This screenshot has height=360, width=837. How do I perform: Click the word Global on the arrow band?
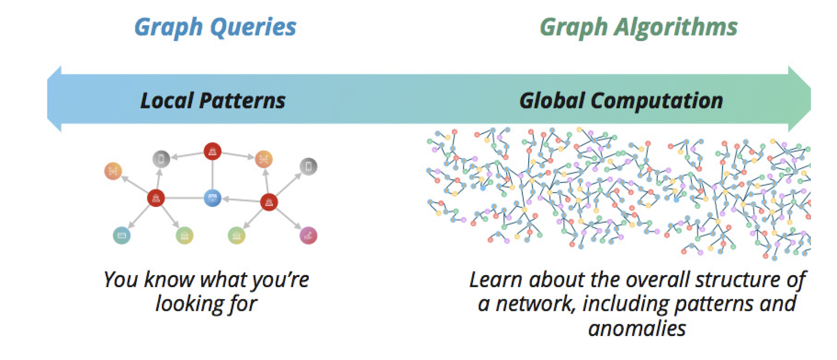point(551,100)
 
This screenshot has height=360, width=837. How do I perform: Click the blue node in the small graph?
point(212,198)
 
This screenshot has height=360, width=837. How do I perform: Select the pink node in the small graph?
point(308,235)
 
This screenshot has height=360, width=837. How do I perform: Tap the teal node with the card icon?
point(122,235)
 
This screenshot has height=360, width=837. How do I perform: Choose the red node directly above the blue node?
point(212,151)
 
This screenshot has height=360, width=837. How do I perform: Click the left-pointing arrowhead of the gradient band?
point(54,99)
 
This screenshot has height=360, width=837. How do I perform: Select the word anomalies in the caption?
point(637,329)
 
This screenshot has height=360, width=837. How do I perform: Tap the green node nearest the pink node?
point(236,235)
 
